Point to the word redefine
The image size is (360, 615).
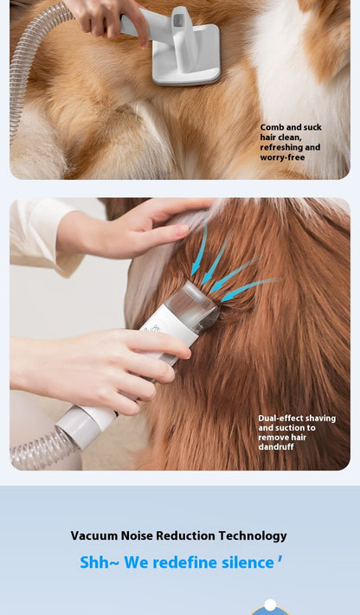coord(186,562)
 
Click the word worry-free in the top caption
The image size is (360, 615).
coord(282,157)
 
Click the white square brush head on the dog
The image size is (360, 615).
coord(186,54)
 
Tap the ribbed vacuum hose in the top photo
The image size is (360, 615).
coord(28,67)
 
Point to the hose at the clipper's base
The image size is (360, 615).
coord(43,449)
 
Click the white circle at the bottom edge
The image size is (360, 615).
coord(270,605)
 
